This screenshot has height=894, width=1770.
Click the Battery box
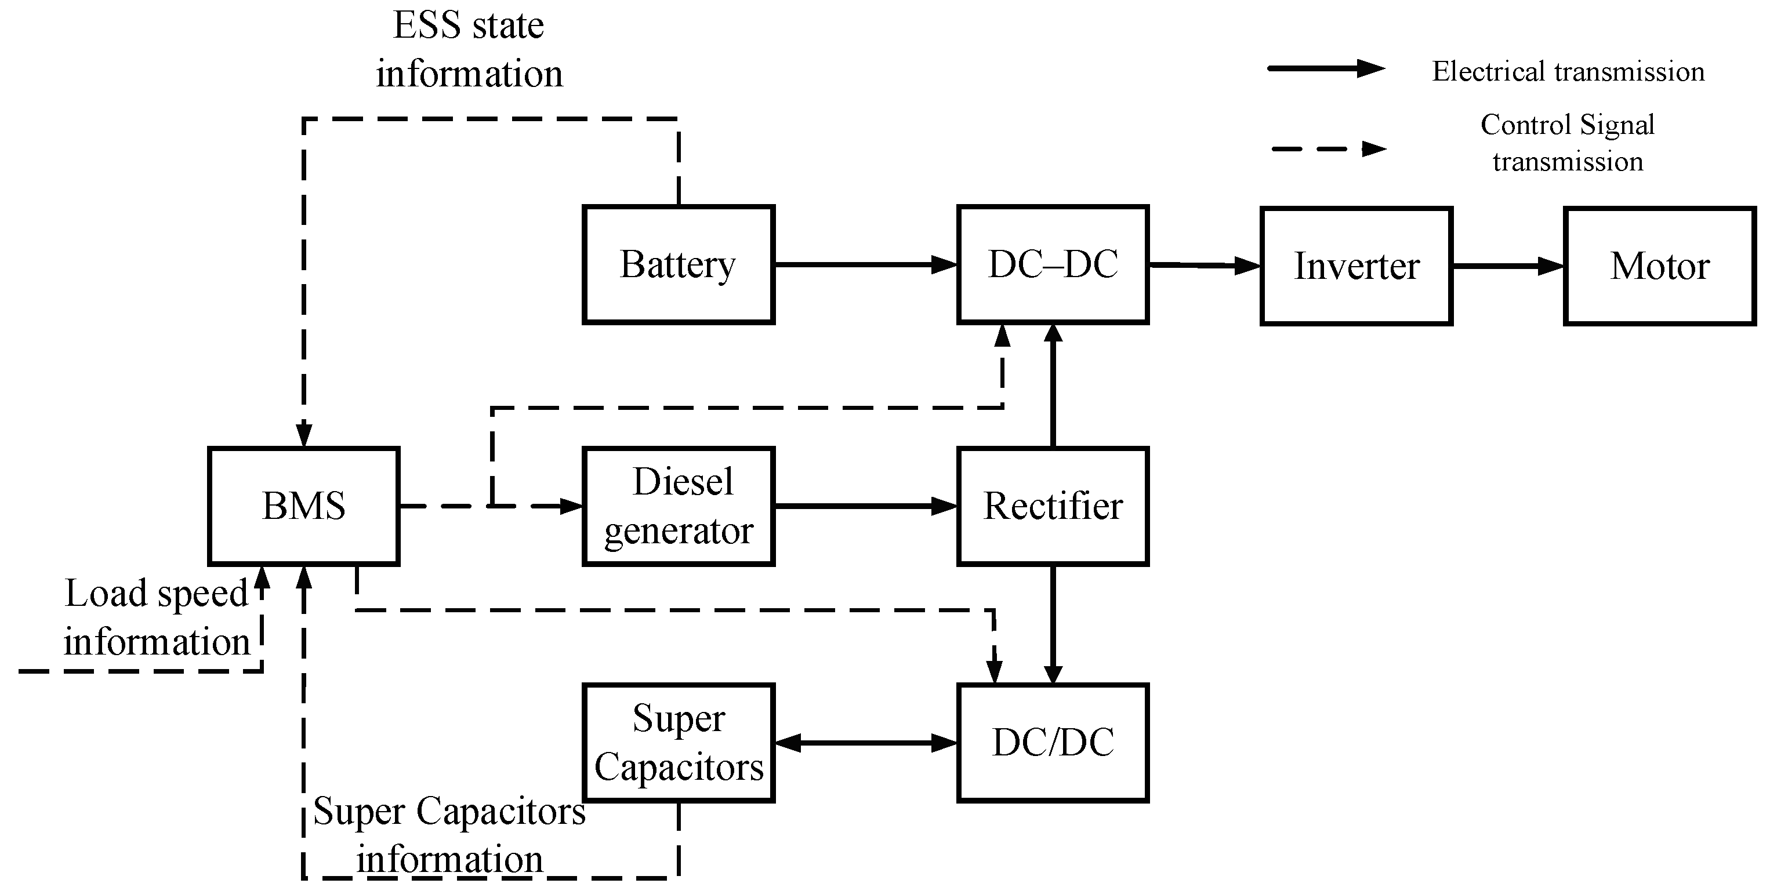(x=678, y=264)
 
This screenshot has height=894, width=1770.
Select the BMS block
(x=304, y=506)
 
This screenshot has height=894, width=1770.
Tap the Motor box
(x=1659, y=266)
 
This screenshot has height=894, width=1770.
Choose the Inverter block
(x=1356, y=266)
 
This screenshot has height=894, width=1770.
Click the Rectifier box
(x=1053, y=506)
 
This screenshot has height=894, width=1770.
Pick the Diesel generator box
(x=678, y=506)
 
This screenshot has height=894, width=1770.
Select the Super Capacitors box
(x=678, y=742)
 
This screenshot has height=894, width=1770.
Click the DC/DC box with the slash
(x=1053, y=742)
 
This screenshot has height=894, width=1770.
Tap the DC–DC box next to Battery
(x=1053, y=264)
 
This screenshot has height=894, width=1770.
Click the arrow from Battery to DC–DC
(x=866, y=264)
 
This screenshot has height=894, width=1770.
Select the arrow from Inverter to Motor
(x=1508, y=266)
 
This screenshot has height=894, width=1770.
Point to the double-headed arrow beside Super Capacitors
(x=866, y=742)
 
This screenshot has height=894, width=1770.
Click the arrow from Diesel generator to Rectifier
(x=866, y=506)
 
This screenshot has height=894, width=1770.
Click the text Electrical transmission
(x=1568, y=71)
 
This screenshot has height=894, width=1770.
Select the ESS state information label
(x=469, y=49)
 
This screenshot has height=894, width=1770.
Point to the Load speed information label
(x=157, y=617)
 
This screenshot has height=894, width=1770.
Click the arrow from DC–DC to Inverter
(x=1204, y=265)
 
